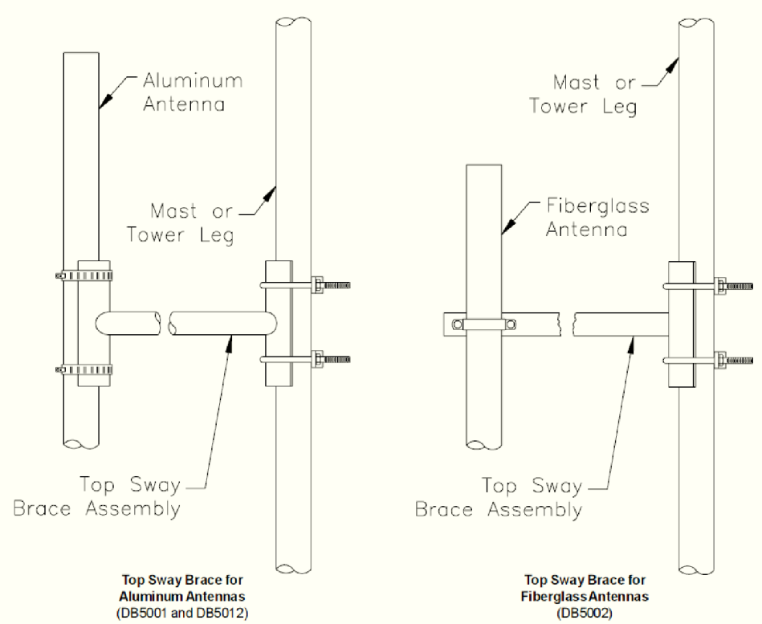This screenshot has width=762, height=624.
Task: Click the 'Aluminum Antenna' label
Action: (193, 92)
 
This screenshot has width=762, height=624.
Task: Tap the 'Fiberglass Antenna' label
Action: (597, 217)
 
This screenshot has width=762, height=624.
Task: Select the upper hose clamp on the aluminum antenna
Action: (84, 276)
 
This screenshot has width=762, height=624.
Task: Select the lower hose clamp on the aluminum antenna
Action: (84, 370)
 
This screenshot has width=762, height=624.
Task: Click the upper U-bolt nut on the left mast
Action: (317, 285)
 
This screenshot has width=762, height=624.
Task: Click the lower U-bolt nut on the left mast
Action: (317, 360)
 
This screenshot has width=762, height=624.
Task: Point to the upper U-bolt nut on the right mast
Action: (720, 286)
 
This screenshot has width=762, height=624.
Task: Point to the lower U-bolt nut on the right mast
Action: (720, 361)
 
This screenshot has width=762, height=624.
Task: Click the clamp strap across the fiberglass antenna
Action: (483, 324)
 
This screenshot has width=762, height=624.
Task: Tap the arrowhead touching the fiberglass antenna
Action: (509, 226)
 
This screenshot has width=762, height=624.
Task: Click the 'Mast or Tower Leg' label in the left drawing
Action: (181, 223)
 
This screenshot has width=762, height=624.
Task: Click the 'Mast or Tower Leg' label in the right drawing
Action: (583, 95)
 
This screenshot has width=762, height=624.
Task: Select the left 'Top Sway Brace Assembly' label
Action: (97, 496)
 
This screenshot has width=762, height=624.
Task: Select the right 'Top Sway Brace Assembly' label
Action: (499, 498)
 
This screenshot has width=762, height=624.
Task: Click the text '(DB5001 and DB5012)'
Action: (182, 613)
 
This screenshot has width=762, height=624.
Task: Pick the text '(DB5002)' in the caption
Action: (585, 613)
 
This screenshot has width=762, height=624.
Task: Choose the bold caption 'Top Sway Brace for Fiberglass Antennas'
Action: (585, 588)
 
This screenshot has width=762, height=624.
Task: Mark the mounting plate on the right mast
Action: (682, 324)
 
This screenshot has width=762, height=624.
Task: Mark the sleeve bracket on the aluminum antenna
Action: (94, 323)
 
